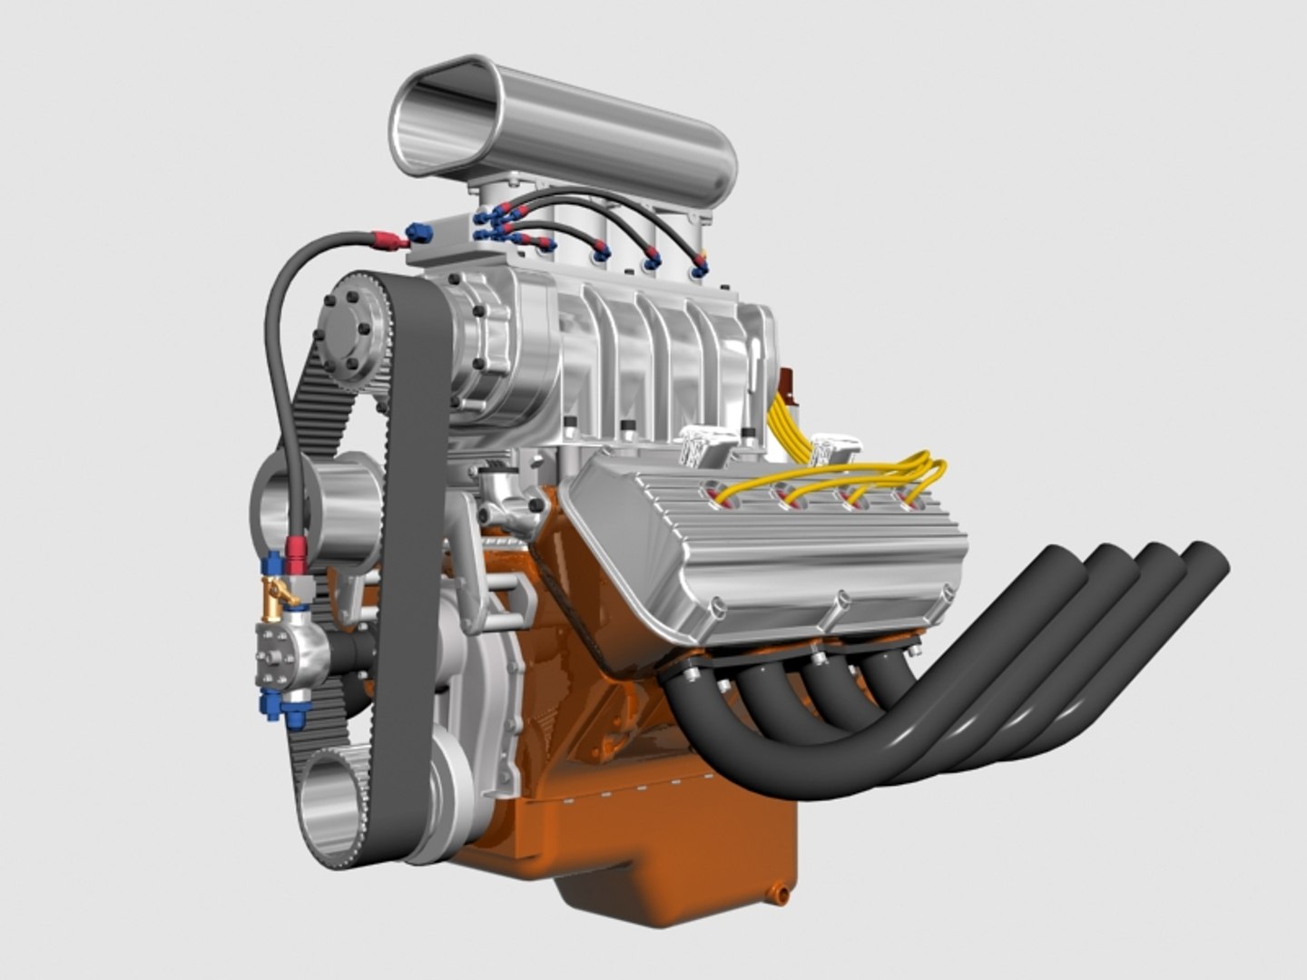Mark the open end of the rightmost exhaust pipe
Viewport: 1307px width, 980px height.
tap(1207, 564)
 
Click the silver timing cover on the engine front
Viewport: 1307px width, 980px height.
tap(472, 690)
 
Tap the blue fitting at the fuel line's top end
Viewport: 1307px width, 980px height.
tap(418, 232)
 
